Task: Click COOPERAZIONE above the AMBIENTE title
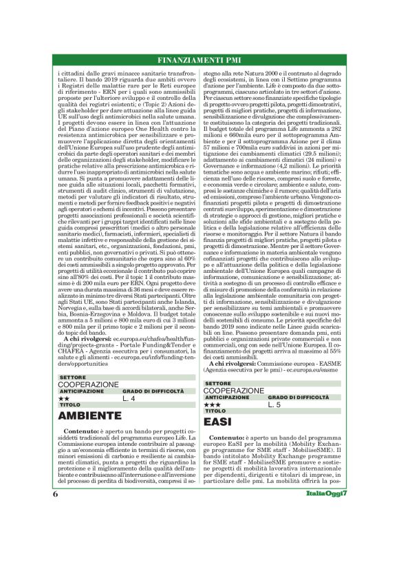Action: coord(89,384)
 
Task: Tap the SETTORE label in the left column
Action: coord(73,378)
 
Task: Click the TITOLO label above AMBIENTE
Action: coord(70,405)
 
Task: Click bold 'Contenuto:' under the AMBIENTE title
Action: coord(81,430)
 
